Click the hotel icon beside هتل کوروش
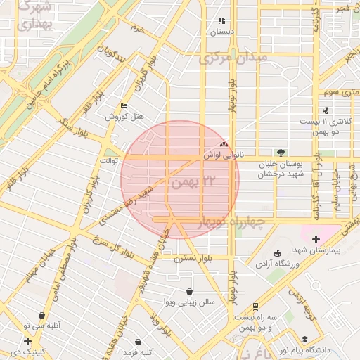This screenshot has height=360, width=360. (124, 106)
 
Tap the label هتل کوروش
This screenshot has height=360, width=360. (124, 116)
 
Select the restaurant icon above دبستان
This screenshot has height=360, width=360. (222, 21)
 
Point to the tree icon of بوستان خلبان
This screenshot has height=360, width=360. (281, 152)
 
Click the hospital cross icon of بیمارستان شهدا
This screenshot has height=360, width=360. (316, 240)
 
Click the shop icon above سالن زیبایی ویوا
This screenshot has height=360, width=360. (189, 291)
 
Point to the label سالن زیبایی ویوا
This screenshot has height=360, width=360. (189, 302)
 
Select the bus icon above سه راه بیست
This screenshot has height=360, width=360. (255, 307)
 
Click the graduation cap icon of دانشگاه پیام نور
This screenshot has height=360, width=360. (304, 339)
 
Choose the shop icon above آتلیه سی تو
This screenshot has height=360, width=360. (44, 316)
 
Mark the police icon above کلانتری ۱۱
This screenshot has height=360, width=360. (325, 110)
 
